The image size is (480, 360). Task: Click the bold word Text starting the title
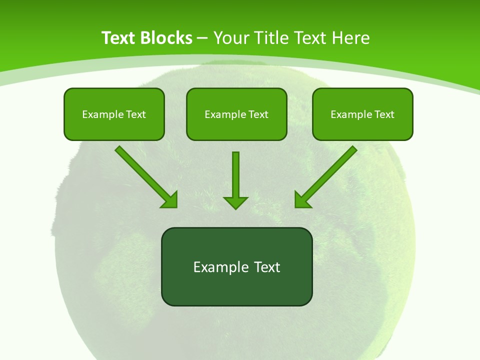[x=118, y=38]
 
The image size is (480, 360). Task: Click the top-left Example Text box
[x=114, y=114]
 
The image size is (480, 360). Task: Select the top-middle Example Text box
[x=236, y=114]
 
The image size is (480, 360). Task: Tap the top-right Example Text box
[x=362, y=114]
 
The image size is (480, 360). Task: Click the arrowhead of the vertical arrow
[x=235, y=202]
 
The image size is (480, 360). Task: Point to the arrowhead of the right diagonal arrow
[x=301, y=199]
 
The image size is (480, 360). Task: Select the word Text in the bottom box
[x=267, y=267]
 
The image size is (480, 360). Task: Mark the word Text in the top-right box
[x=384, y=114]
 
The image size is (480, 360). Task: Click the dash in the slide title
[x=202, y=38]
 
